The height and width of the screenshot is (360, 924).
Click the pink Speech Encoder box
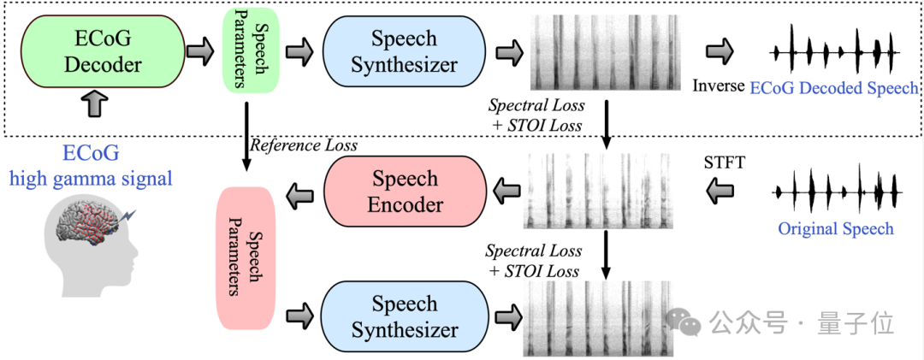(406, 192)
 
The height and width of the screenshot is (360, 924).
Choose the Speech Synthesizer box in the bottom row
(405, 317)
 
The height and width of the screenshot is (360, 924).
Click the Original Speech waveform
(835, 192)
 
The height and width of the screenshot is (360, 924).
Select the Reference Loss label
(304, 145)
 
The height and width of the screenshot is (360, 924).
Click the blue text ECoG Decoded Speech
(834, 88)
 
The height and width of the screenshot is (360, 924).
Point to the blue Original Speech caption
(835, 228)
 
